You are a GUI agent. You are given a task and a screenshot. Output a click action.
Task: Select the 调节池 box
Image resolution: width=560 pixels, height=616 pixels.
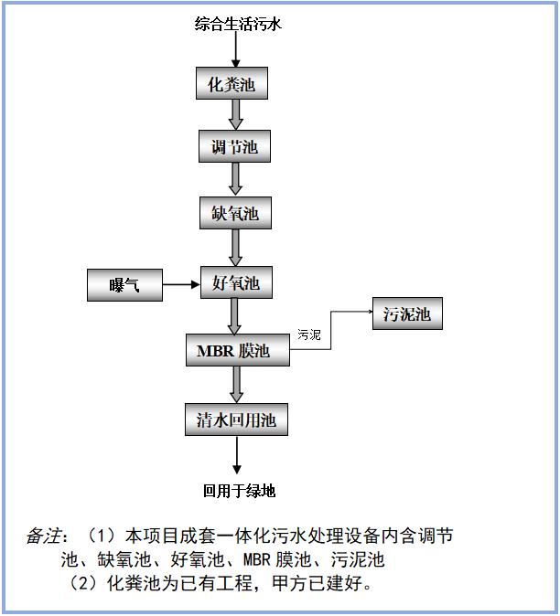(235, 146)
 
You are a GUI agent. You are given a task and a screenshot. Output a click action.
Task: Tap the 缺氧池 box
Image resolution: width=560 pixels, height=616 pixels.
(235, 214)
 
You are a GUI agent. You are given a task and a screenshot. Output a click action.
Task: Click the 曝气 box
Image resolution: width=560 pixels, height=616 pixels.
(124, 285)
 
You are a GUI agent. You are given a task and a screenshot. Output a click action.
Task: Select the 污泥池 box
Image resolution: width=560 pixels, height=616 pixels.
(406, 315)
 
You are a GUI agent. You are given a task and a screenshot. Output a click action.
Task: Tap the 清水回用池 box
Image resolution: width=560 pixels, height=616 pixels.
(236, 420)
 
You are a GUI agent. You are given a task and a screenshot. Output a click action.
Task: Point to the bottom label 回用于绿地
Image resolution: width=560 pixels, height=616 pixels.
(239, 491)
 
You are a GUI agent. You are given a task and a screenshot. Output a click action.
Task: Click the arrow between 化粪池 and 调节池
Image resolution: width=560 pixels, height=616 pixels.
(236, 114)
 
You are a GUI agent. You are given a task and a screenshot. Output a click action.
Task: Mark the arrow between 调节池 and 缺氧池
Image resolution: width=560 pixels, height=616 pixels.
(236, 179)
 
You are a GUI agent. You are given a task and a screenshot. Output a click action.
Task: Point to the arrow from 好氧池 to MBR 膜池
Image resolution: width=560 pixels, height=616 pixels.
(236, 317)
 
